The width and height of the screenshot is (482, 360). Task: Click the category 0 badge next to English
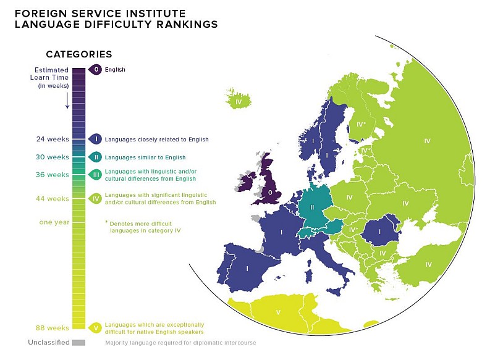click(x=95, y=70)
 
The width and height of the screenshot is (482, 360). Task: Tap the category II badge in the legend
click(x=95, y=157)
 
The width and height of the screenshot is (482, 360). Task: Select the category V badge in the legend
click(x=95, y=327)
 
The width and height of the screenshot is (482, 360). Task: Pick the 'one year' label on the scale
click(x=54, y=222)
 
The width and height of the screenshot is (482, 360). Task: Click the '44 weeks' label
click(x=53, y=198)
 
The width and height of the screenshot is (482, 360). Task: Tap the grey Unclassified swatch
click(x=78, y=342)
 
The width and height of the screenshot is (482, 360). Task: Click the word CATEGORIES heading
click(x=79, y=54)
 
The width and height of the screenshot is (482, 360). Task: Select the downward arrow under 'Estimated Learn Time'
click(x=67, y=101)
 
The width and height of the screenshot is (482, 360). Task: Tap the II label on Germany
click(x=313, y=207)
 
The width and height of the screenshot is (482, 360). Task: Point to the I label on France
click(x=282, y=232)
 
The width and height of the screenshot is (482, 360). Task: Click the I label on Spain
click(x=247, y=269)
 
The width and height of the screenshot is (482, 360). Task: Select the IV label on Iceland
click(x=238, y=102)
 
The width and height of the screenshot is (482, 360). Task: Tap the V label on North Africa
click(x=278, y=312)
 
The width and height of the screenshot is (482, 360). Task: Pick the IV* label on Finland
click(x=361, y=124)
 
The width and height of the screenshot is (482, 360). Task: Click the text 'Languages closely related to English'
click(x=157, y=140)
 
